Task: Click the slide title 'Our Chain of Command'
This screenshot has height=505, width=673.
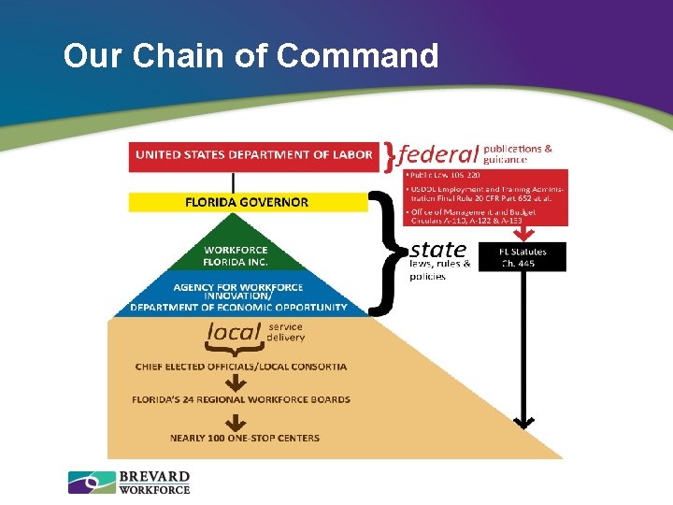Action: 251,56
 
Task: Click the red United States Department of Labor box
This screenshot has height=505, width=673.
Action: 254,155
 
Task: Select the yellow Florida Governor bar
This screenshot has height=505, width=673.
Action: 247,202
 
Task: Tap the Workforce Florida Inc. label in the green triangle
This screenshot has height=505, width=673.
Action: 236,255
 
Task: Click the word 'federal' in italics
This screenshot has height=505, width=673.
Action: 438,153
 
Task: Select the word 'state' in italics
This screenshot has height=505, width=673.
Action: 437,249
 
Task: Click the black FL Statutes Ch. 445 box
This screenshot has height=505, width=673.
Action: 522,257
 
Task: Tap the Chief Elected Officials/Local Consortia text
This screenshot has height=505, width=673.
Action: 241,366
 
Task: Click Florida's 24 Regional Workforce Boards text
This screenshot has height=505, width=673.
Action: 241,399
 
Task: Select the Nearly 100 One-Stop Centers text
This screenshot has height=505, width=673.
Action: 244,438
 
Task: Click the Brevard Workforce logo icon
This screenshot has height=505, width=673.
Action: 91,483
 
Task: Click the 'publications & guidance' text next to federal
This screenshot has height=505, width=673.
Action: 517,153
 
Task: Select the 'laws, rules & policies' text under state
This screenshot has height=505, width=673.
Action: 439,270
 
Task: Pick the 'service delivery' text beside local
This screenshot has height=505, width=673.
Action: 286,332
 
